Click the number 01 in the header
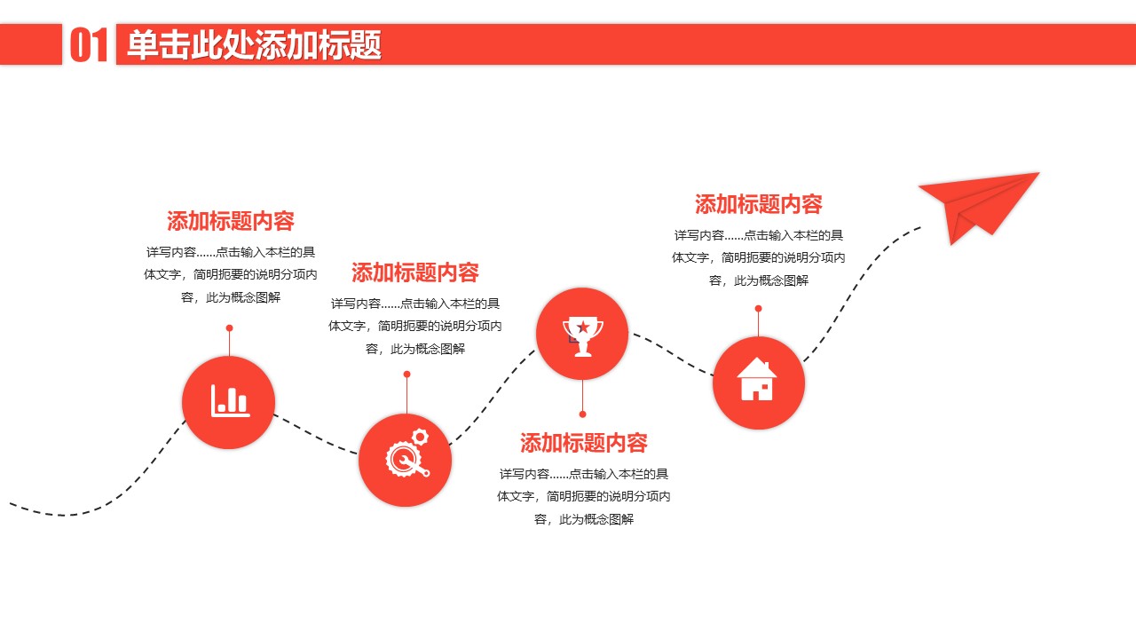[x=89, y=45]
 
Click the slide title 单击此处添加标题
[x=254, y=45]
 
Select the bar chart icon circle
[x=229, y=402]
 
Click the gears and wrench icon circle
[x=406, y=460]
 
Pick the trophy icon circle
[x=582, y=334]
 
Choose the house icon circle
[x=758, y=383]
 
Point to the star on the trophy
[x=583, y=327]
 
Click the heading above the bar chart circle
[x=231, y=221]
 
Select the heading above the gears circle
[x=415, y=272]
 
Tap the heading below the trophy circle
[x=584, y=443]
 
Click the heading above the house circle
[x=759, y=205]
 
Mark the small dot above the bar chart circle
[x=229, y=328]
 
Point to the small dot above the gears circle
[x=406, y=375]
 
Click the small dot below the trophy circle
[x=582, y=414]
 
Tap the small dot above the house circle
[x=758, y=309]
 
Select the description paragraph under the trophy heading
[x=584, y=496]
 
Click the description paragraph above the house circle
[x=759, y=257]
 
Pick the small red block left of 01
[x=31, y=45]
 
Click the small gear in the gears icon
[x=420, y=437]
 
